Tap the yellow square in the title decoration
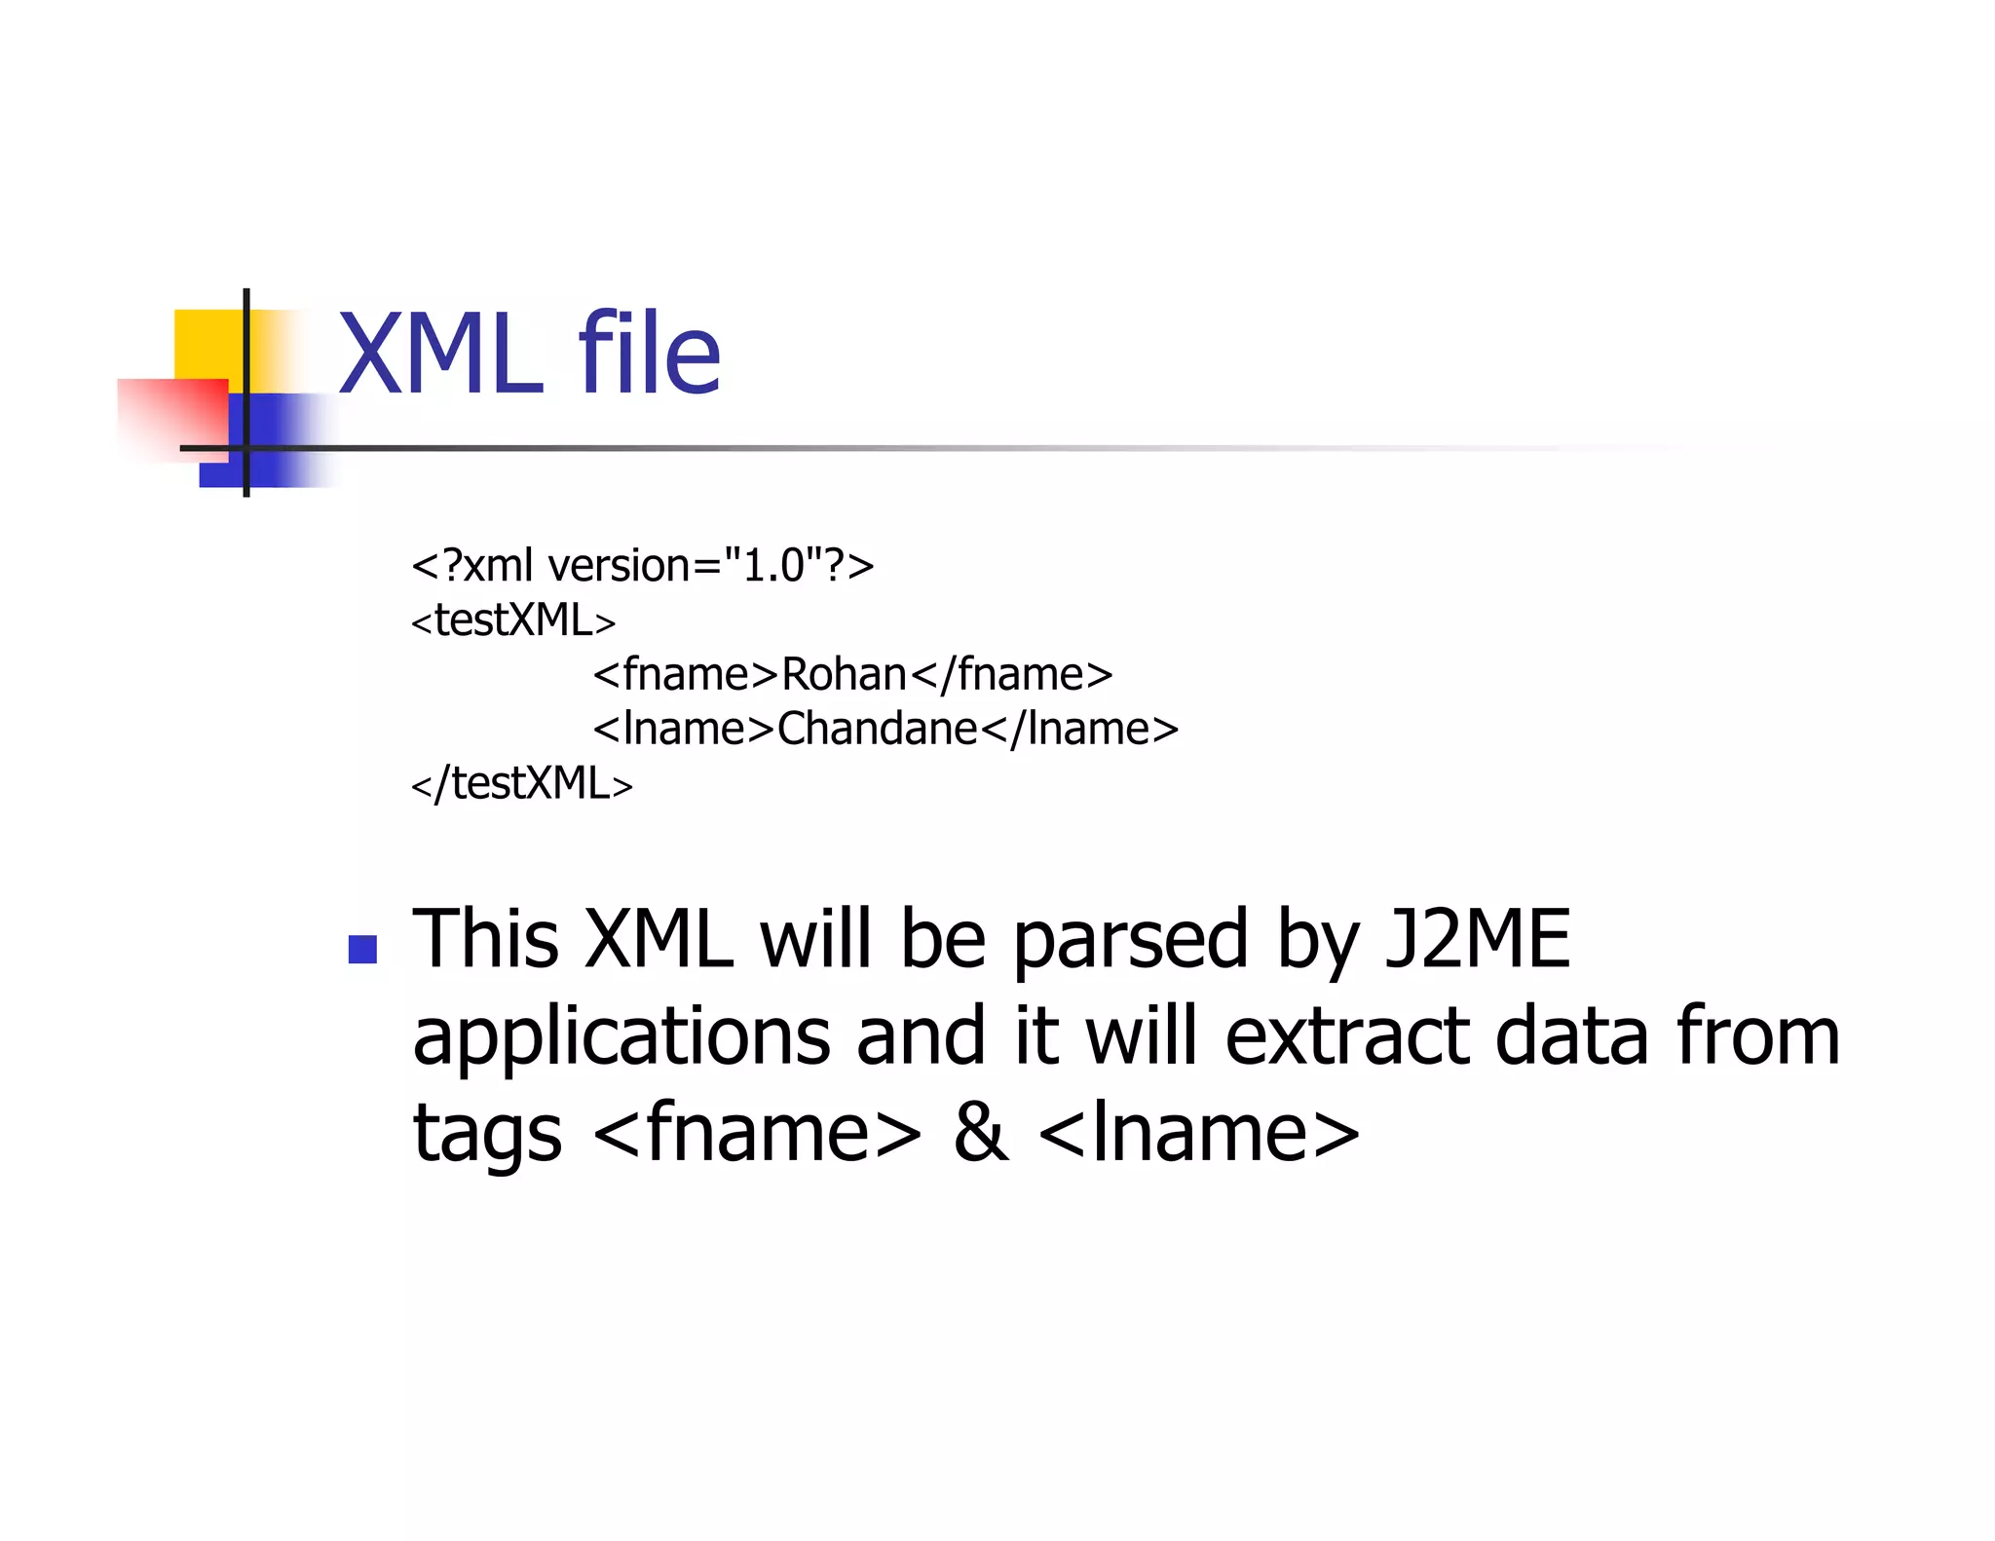(207, 341)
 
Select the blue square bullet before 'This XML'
(362, 949)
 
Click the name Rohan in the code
(844, 674)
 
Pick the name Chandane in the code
(877, 729)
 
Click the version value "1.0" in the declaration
(772, 565)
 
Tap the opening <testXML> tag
(513, 620)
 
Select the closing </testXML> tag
(522, 783)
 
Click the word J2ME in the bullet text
(1478, 939)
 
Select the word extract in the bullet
(1346, 1036)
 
